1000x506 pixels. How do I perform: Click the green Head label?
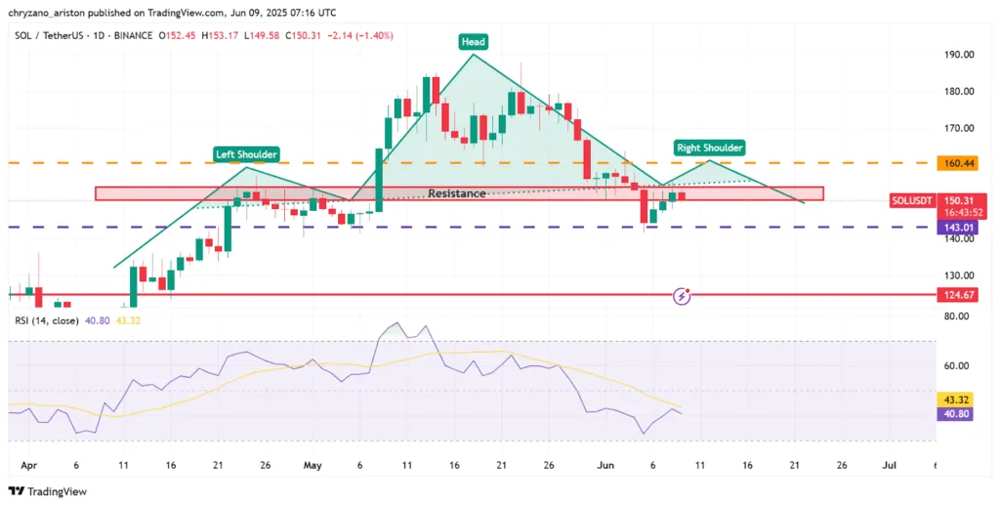pyautogui.click(x=474, y=42)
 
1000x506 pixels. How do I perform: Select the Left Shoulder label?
pyautogui.click(x=247, y=154)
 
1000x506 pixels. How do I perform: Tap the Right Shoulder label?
pyautogui.click(x=710, y=148)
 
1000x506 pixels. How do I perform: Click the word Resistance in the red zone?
pyautogui.click(x=457, y=193)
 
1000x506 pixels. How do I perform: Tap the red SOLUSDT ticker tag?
pyautogui.click(x=911, y=200)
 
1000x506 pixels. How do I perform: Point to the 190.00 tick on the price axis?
pyautogui.click(x=958, y=55)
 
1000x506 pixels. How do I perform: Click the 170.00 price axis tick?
pyautogui.click(x=958, y=128)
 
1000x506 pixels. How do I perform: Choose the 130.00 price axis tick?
pyautogui.click(x=958, y=275)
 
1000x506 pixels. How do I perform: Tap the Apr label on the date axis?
pyautogui.click(x=27, y=467)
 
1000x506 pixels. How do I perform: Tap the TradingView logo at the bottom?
pyautogui.click(x=50, y=490)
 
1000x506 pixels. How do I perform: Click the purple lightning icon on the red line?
pyautogui.click(x=683, y=294)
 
